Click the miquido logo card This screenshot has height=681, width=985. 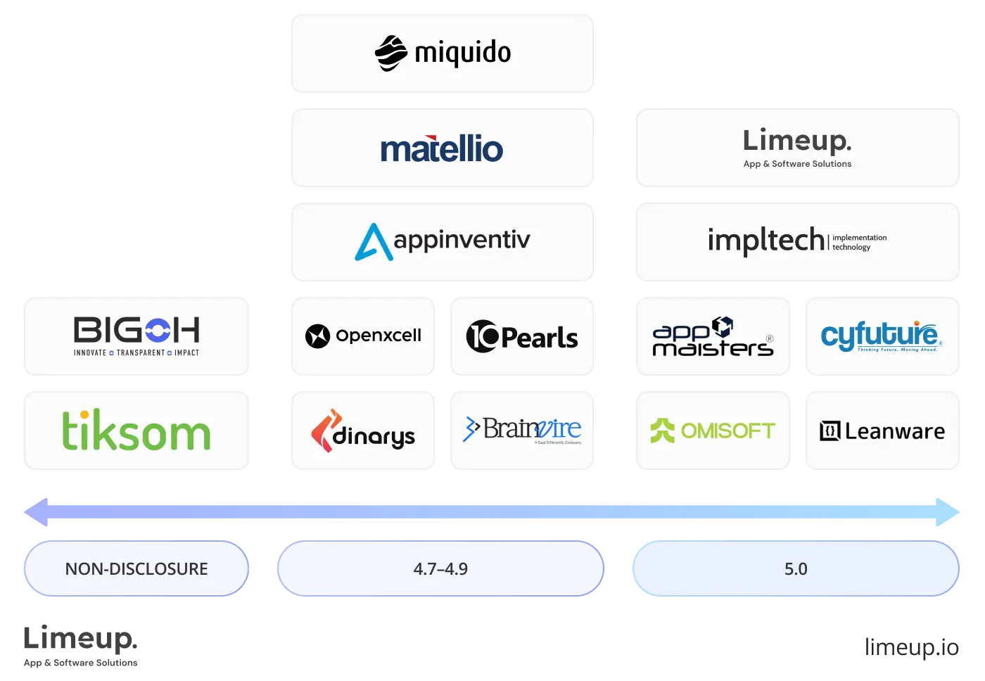[442, 53]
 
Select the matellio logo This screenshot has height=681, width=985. [442, 149]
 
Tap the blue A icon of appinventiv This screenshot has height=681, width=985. [373, 242]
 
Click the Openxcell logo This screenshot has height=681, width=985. [363, 336]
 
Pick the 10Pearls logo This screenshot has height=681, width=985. [523, 336]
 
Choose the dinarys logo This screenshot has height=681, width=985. [363, 431]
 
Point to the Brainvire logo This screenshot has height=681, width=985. [523, 430]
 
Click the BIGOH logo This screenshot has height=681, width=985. [137, 336]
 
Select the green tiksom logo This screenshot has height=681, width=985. [137, 431]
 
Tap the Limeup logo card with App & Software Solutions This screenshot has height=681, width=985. [798, 148]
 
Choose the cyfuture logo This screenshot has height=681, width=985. [882, 336]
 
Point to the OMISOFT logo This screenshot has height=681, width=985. [713, 431]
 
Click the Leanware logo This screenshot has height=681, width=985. [882, 431]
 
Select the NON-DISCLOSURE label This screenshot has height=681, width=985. [136, 568]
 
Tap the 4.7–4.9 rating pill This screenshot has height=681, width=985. [440, 568]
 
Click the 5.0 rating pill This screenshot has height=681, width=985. [796, 568]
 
